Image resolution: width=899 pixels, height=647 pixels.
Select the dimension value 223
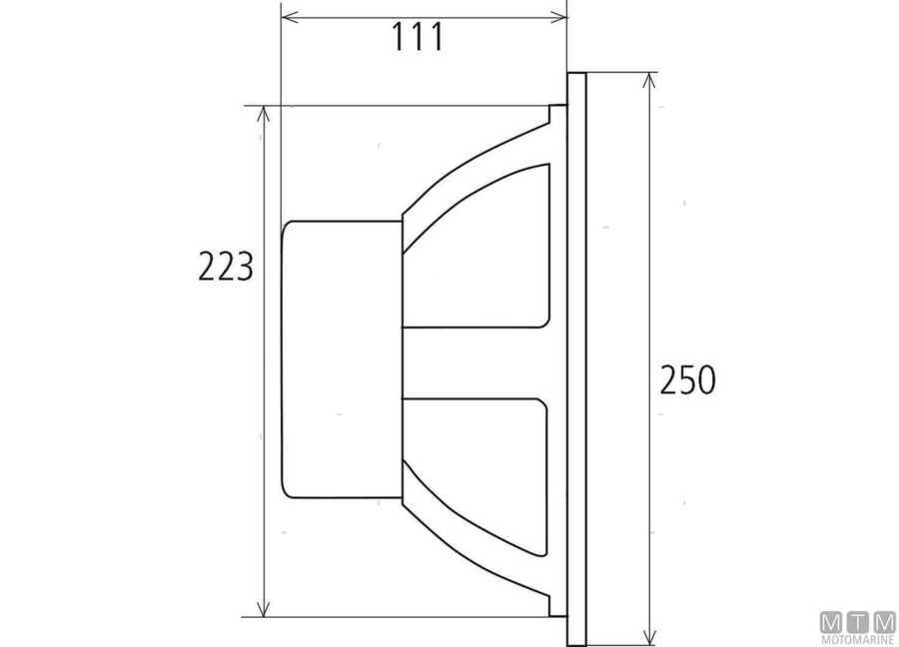click(x=225, y=267)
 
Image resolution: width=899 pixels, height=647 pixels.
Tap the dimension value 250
click(x=688, y=379)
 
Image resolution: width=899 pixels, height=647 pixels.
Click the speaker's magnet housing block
click(x=340, y=359)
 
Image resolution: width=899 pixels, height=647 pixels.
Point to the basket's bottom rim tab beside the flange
click(x=557, y=606)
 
